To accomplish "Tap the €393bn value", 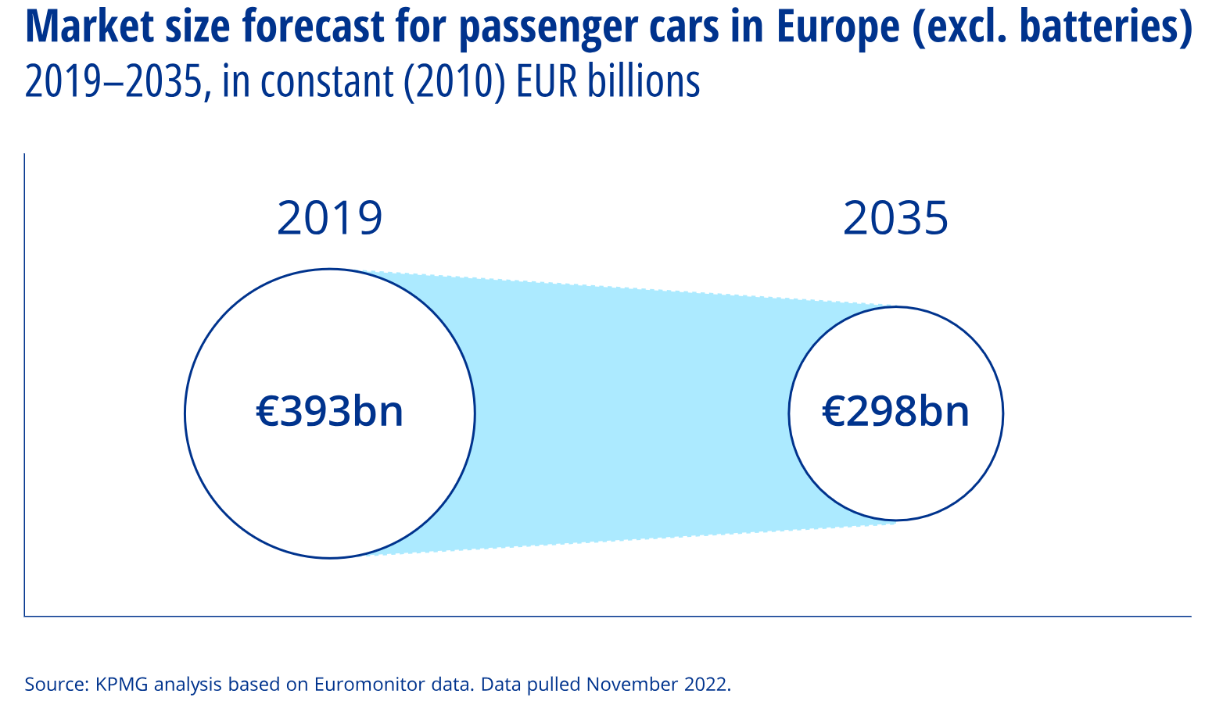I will coord(329,411).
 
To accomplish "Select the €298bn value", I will coord(895,411).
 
